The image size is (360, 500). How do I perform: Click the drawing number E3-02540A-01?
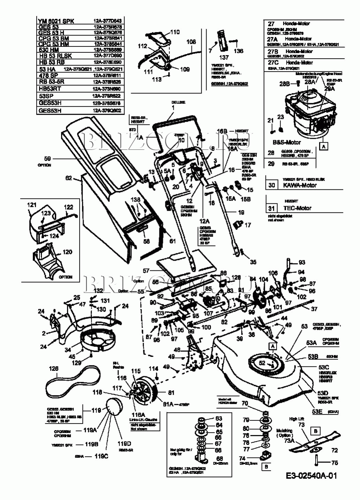coord(311,476)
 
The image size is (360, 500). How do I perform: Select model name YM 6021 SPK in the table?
coord(56,21)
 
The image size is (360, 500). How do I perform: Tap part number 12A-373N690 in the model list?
coord(107,89)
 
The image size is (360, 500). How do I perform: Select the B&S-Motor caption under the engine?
coord(286,142)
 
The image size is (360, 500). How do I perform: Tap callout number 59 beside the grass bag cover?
coord(47,158)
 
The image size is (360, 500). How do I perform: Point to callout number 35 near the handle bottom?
coord(253,262)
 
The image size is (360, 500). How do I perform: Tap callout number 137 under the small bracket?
coord(224,57)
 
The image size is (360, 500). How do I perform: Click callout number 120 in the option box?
coord(67,252)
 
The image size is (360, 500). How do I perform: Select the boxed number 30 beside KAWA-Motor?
coord(272,185)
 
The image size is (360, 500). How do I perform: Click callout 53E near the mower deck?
coord(317,412)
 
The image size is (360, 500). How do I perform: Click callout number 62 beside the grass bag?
coord(68,178)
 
